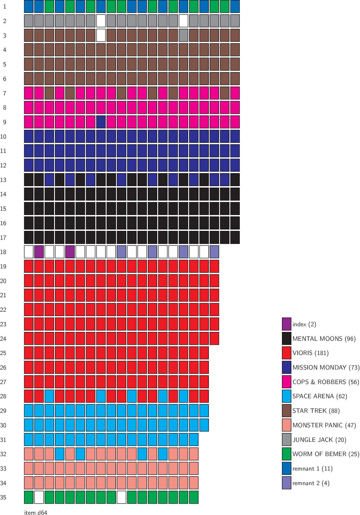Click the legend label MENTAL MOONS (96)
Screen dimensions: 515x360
[324, 339]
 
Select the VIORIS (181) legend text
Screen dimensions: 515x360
[310, 353]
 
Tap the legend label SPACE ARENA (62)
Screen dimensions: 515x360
[320, 396]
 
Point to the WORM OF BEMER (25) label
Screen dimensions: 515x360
[326, 454]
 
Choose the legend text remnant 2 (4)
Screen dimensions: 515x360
[311, 483]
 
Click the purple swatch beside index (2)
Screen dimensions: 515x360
[287, 324]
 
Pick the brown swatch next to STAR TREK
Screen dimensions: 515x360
[287, 411]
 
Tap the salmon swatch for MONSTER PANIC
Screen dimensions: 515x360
[287, 425]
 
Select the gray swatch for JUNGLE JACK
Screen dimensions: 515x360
[287, 440]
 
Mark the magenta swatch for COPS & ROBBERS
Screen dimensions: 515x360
[287, 382]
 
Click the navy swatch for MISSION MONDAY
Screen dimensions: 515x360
[287, 367]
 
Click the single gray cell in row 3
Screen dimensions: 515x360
[183, 35]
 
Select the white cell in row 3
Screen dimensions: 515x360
[101, 35]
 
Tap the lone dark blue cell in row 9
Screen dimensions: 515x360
[101, 122]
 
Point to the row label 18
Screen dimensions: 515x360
[3, 252]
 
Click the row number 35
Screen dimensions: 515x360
[3, 497]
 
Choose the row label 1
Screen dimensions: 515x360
[5, 7]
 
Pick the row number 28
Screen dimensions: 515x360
[3, 396]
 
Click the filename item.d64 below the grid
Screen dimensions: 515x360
[36, 513]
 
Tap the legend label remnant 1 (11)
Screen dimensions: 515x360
[312, 469]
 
